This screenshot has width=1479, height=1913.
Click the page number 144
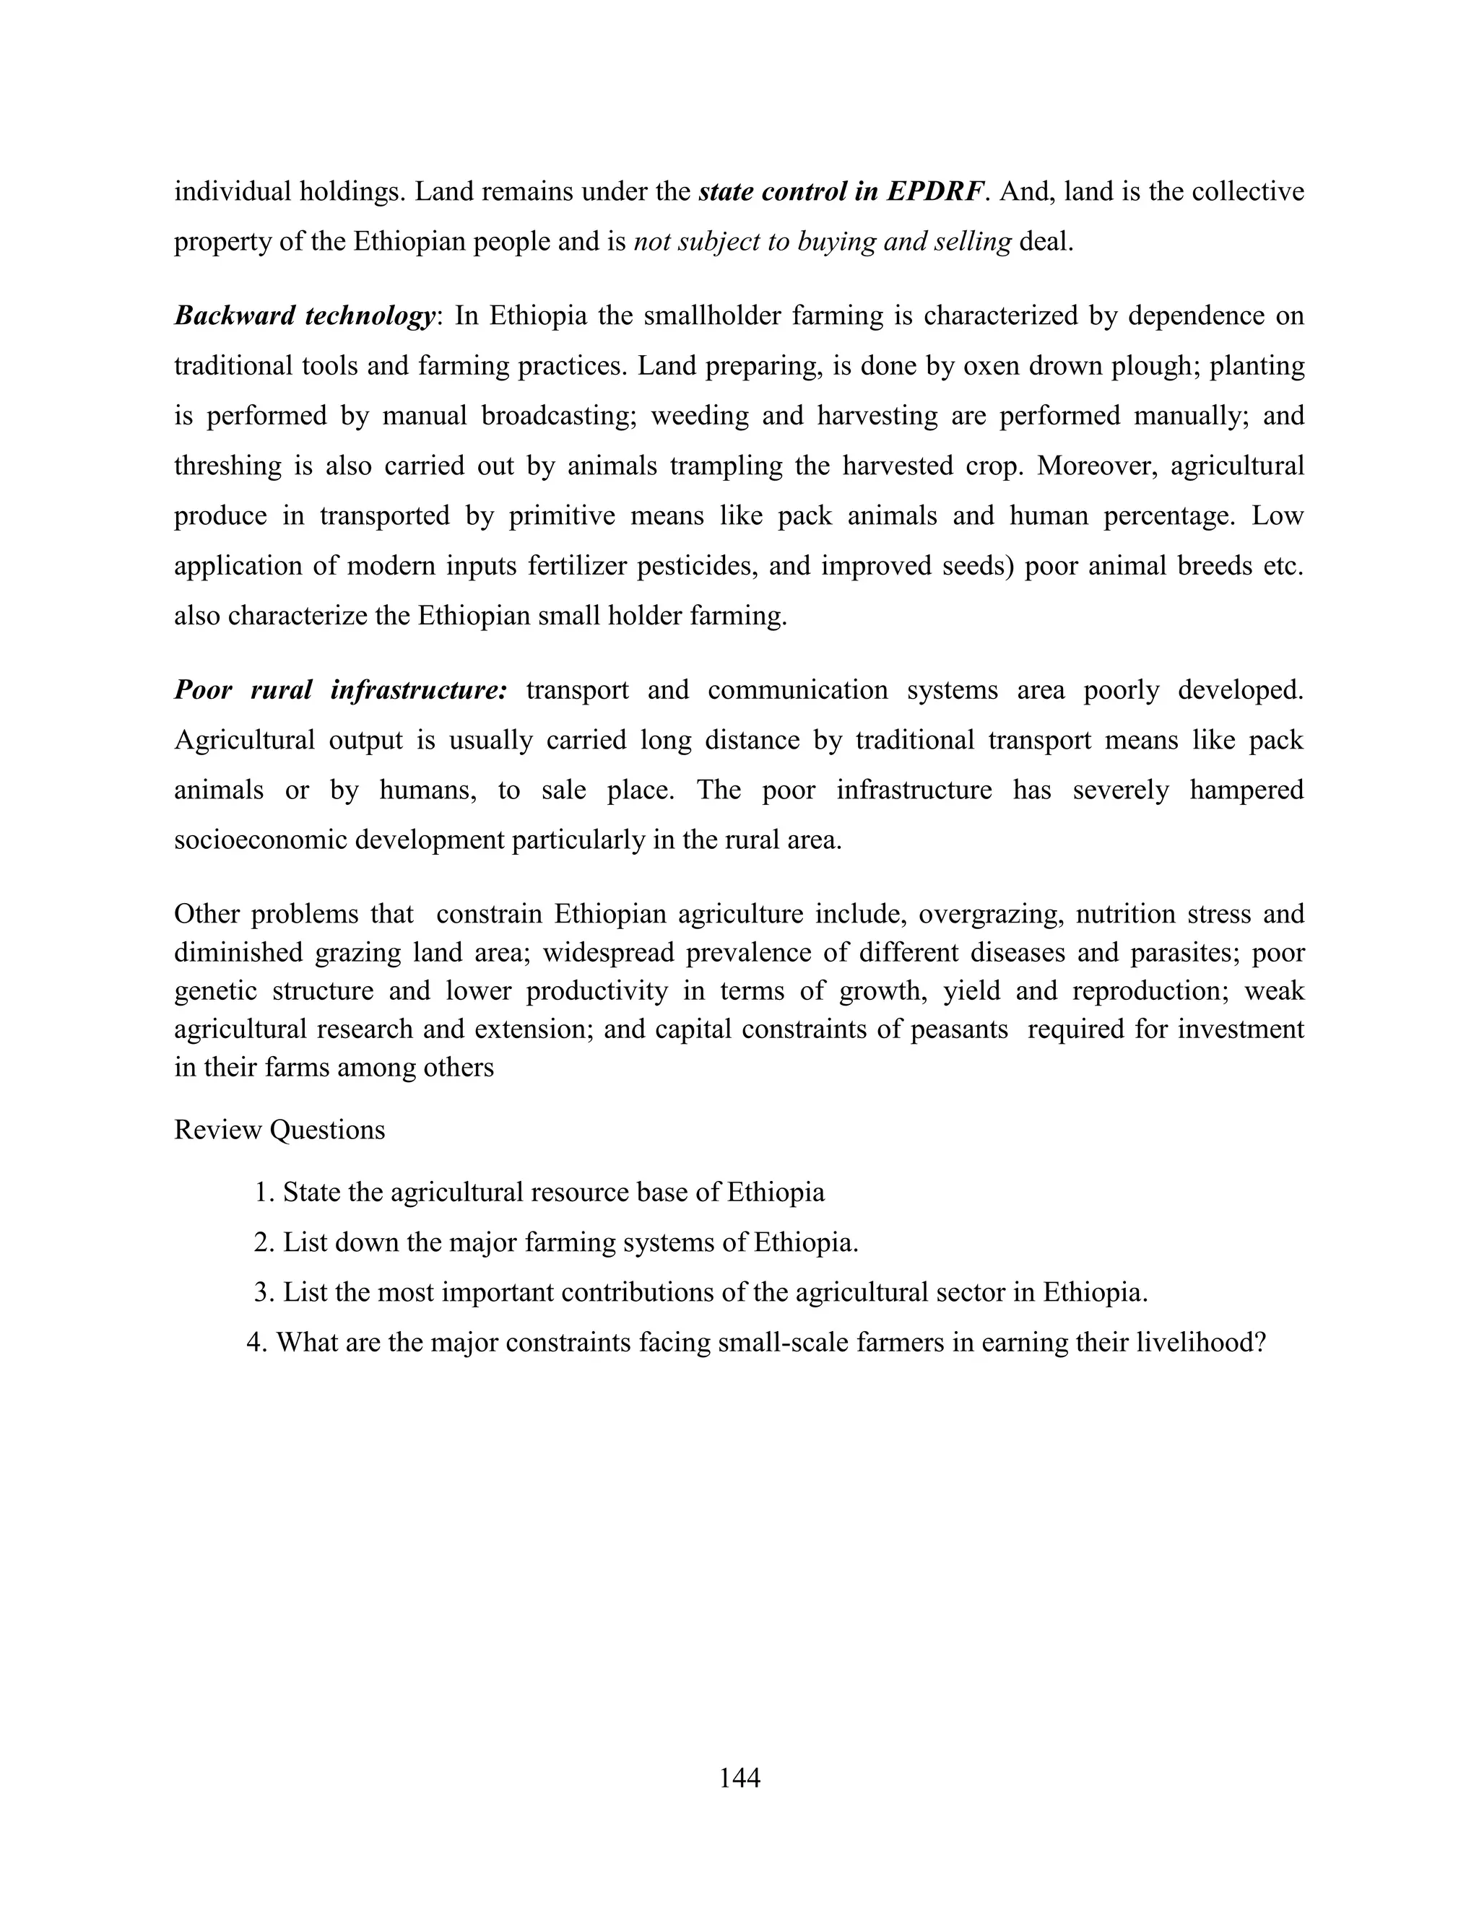(739, 1777)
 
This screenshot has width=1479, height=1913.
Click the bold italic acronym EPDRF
(935, 191)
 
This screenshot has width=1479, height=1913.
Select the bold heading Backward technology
(304, 315)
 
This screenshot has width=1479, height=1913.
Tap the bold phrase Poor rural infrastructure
(340, 690)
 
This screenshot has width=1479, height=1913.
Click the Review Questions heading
(279, 1129)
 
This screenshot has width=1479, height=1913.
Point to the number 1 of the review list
(261, 1192)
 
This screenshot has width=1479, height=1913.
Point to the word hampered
(1246, 790)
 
